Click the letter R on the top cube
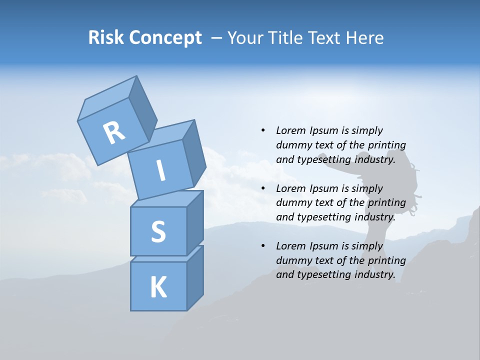tap(114, 132)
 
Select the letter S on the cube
tap(158, 231)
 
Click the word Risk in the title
tap(106, 38)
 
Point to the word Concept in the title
tap(165, 38)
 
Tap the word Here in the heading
tap(365, 38)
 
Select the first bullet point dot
tap(263, 130)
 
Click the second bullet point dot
tap(263, 188)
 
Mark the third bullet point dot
tap(263, 246)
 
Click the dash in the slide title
tap(217, 38)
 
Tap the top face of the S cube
tap(166, 199)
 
